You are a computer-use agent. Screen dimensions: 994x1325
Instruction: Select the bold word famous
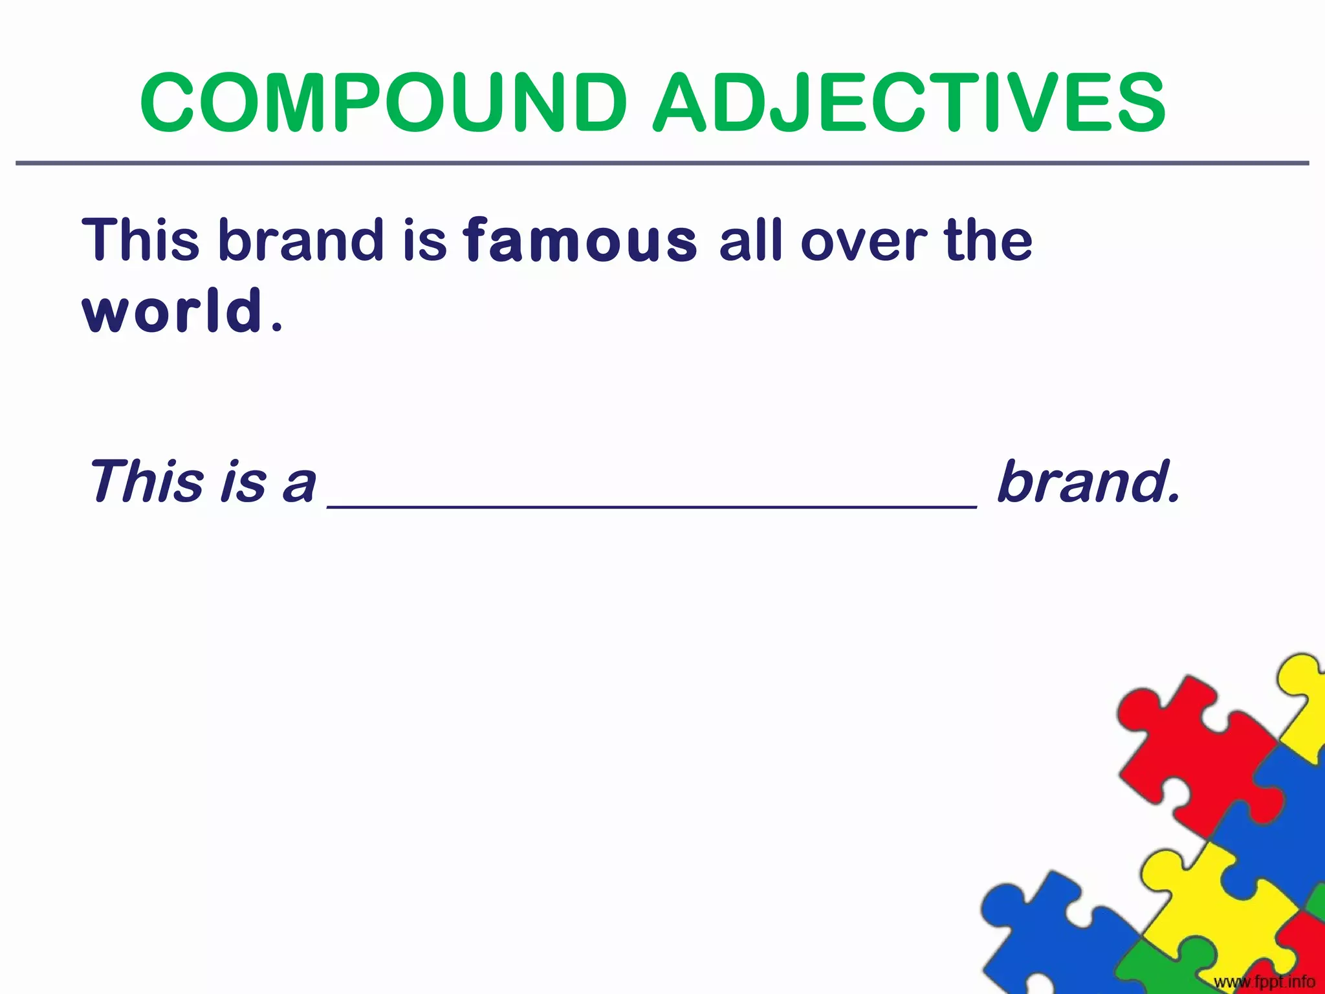(580, 241)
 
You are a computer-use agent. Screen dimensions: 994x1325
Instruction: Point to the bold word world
(173, 311)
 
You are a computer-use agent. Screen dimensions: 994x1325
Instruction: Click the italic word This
(146, 481)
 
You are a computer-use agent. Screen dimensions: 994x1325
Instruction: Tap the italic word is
(243, 483)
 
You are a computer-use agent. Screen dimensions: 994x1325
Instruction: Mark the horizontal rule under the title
(662, 163)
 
